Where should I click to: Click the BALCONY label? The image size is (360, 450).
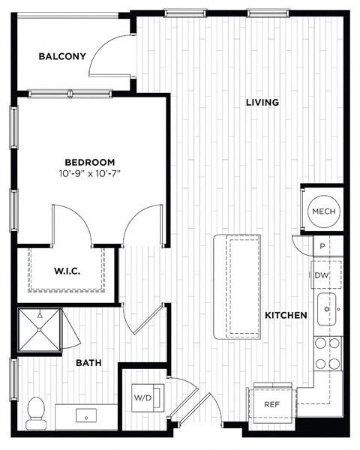(x=62, y=56)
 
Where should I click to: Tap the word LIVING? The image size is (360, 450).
(x=262, y=102)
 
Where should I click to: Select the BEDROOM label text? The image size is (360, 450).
(x=89, y=162)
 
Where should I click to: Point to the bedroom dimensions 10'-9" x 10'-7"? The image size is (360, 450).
(x=89, y=174)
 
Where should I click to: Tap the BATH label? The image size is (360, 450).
(x=88, y=364)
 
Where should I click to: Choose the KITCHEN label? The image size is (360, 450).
(x=286, y=316)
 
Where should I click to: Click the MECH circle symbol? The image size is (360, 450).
(x=324, y=211)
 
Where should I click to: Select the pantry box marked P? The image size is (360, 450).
(x=321, y=246)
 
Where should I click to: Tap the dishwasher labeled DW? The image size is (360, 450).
(x=322, y=276)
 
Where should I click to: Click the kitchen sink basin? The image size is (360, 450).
(x=328, y=309)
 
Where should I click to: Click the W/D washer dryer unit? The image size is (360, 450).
(x=142, y=397)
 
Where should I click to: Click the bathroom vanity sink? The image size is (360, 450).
(x=88, y=415)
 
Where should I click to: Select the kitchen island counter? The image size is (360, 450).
(x=237, y=286)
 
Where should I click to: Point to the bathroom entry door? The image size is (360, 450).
(x=142, y=319)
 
